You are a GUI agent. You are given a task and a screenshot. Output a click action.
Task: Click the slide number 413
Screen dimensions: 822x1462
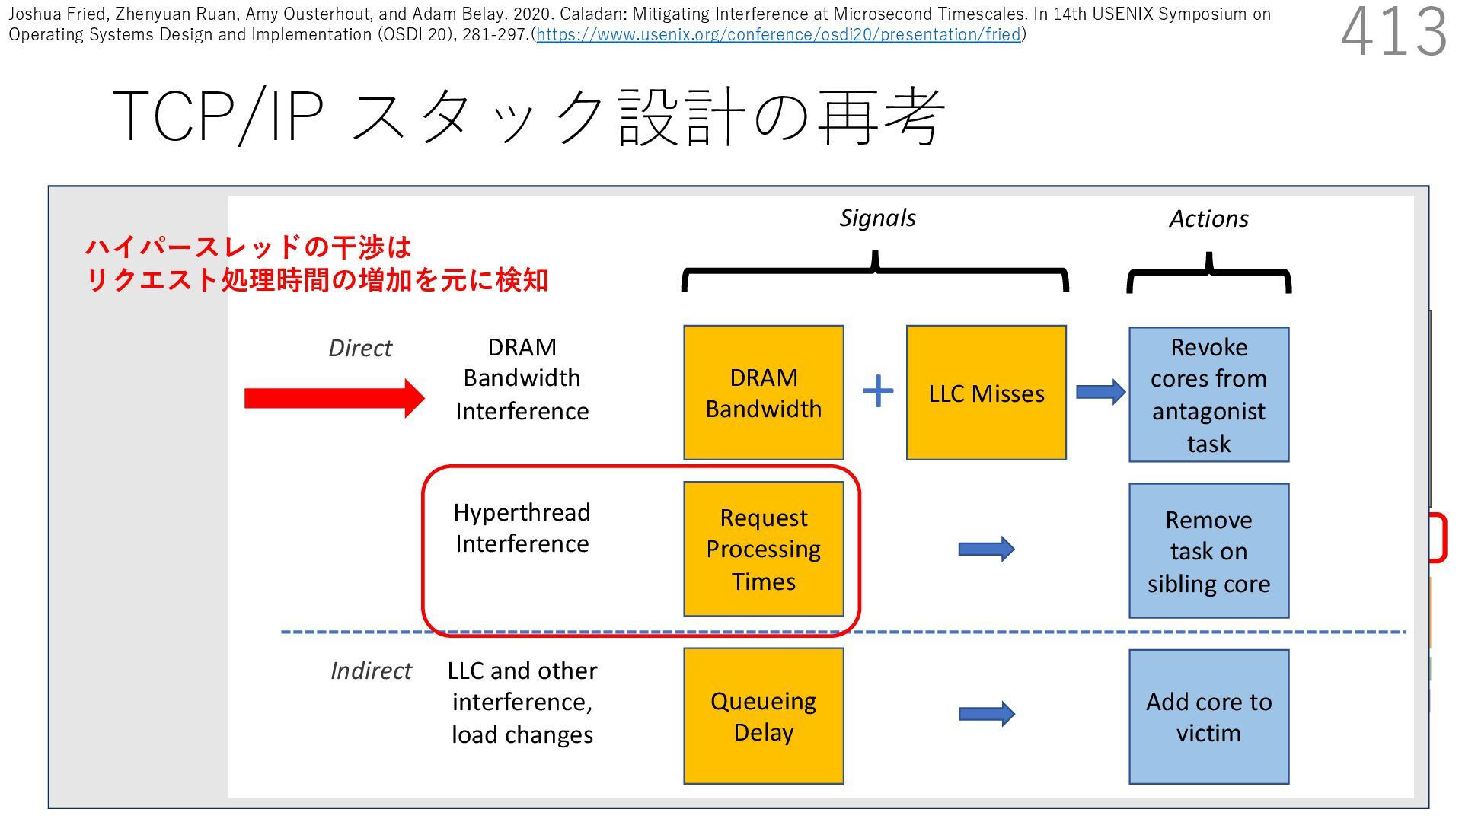tap(1393, 33)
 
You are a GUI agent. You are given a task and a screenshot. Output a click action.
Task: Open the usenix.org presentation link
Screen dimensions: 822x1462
tap(778, 35)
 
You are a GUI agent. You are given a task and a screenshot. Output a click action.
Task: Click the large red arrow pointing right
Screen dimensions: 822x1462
tap(334, 398)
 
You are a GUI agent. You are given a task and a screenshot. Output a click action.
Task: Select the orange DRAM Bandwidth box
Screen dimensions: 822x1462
tap(764, 393)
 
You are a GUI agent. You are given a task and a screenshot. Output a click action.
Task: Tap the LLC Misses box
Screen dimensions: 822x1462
tap(986, 393)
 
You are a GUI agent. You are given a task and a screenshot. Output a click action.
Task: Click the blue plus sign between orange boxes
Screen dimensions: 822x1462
tap(878, 391)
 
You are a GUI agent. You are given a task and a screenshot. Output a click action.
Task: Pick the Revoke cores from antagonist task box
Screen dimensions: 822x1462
tap(1208, 394)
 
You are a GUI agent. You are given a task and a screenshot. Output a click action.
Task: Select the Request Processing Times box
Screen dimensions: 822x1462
tap(764, 549)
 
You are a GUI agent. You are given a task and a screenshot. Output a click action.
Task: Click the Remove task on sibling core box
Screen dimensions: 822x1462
tap(1208, 551)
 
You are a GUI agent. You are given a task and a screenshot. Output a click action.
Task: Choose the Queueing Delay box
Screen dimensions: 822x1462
tap(764, 715)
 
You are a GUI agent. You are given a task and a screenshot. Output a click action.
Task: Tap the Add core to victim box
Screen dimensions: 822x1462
tap(1208, 716)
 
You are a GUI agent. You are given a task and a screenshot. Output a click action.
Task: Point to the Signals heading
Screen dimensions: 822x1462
tap(877, 218)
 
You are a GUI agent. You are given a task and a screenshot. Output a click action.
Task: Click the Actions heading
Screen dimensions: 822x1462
tap(1208, 219)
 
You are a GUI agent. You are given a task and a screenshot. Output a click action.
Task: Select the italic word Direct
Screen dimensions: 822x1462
tap(360, 348)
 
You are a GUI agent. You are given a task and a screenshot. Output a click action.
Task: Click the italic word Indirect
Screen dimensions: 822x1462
tap(371, 671)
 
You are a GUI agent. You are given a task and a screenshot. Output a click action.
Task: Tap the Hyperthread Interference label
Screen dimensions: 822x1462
tap(522, 527)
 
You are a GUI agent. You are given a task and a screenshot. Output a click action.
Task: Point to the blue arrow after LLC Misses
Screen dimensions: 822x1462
tap(1100, 392)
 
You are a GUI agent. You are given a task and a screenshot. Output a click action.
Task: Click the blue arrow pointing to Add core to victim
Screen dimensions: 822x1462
tap(986, 714)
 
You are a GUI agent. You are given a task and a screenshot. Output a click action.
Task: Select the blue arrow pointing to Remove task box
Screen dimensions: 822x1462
tap(986, 549)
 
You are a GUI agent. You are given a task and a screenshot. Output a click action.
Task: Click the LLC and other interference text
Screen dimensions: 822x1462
tap(522, 702)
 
